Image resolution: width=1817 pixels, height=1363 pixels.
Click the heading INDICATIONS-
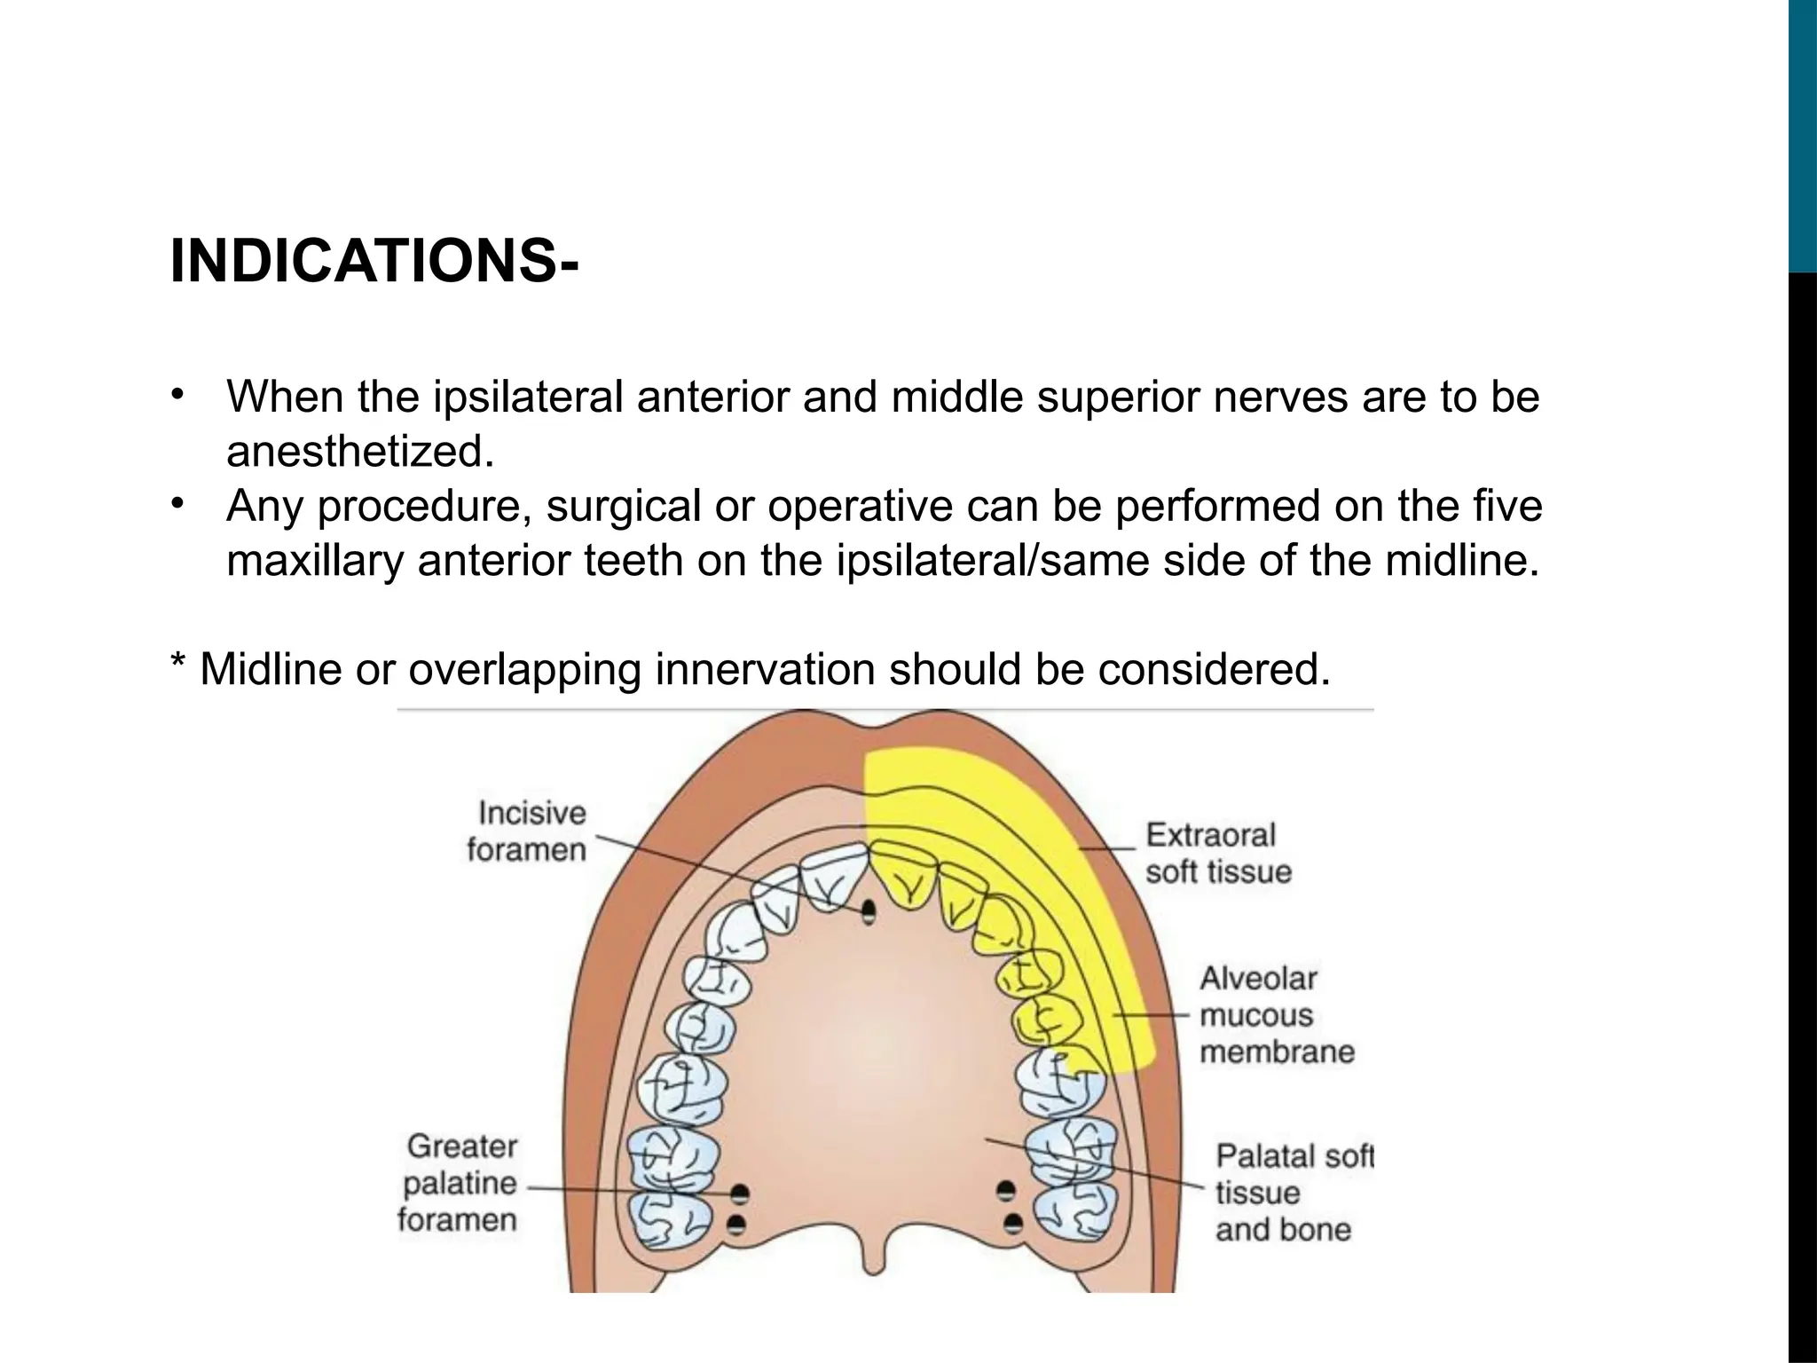tap(374, 263)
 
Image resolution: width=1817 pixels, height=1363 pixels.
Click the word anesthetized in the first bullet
tap(359, 452)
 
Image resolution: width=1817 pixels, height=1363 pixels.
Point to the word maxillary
tap(315, 562)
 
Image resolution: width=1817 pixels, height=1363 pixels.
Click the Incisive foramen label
tap(527, 831)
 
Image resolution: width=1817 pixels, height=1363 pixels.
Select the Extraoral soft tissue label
tap(1216, 853)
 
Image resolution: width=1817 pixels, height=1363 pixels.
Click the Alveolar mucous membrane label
tap(1276, 1015)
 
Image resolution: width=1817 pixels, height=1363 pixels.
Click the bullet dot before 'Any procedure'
tap(177, 503)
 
